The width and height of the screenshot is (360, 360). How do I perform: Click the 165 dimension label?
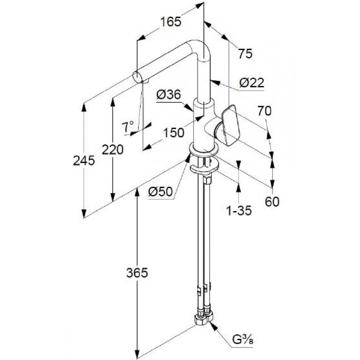(171, 22)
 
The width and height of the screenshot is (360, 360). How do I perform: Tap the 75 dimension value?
(245, 54)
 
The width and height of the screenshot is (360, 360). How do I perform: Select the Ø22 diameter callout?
(252, 83)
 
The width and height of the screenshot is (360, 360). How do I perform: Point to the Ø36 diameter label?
(168, 94)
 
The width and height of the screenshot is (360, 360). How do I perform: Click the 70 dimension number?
(264, 111)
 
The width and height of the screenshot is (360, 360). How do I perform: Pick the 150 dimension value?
(174, 133)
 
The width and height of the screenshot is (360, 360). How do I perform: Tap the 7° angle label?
(128, 127)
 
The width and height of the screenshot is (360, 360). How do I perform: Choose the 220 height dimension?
(112, 150)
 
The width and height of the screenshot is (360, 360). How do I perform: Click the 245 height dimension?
(84, 161)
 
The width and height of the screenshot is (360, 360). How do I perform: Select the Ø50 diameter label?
(160, 192)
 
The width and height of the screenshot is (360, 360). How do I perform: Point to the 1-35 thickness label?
(239, 210)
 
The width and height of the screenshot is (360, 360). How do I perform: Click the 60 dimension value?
(272, 202)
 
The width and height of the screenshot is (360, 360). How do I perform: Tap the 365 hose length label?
(137, 273)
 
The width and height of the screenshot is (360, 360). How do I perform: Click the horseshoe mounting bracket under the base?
(204, 168)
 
